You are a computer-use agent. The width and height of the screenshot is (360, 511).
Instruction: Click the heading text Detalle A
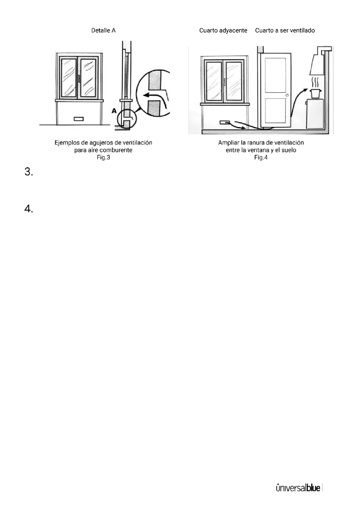point(103,31)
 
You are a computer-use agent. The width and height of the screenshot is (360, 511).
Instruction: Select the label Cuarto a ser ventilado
point(285,31)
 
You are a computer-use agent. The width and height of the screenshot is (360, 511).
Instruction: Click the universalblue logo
point(298,488)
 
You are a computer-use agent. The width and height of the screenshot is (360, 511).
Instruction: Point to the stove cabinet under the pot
point(316,114)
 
